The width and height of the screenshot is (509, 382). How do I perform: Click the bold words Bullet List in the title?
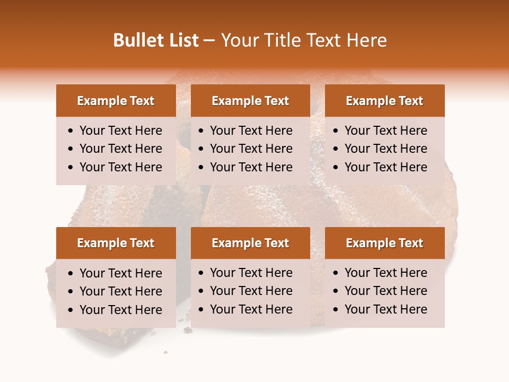point(156,40)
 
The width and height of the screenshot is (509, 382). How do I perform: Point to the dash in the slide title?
point(209,41)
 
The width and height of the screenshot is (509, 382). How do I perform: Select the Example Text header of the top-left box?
point(116,101)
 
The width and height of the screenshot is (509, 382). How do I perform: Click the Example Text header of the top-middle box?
point(250,101)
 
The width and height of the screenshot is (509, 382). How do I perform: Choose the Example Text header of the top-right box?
point(384,101)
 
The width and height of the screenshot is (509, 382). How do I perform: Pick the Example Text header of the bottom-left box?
point(116,243)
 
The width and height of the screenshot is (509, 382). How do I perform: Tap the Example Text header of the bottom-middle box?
point(250,243)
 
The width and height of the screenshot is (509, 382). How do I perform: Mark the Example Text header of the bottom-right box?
point(384,243)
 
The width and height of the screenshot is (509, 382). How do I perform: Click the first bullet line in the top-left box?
point(120,131)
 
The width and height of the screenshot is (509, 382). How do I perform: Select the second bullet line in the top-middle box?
point(251,149)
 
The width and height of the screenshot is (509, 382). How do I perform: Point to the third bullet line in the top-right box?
point(385,167)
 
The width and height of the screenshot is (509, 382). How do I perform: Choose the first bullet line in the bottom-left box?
point(120,273)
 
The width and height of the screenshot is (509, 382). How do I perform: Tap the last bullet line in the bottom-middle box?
point(251,309)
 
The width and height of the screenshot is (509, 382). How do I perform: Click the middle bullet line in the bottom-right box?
point(385,291)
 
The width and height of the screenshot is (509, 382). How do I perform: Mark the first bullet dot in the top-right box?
point(336,131)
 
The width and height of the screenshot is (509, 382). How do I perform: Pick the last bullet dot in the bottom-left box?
point(71,310)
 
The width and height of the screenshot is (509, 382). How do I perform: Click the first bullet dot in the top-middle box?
point(201,131)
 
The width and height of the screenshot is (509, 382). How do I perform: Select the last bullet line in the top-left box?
point(120,167)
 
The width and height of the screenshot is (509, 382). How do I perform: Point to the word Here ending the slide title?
point(366,40)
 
